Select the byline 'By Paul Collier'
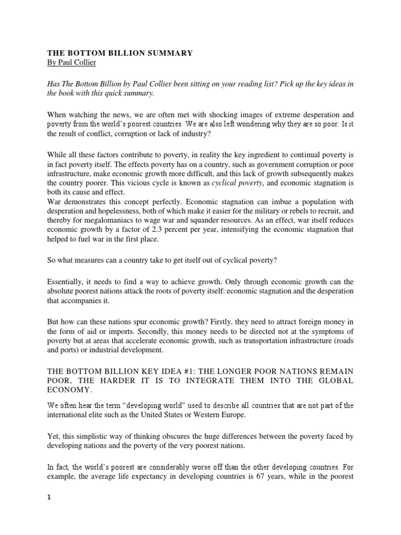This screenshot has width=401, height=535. tap(70, 63)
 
